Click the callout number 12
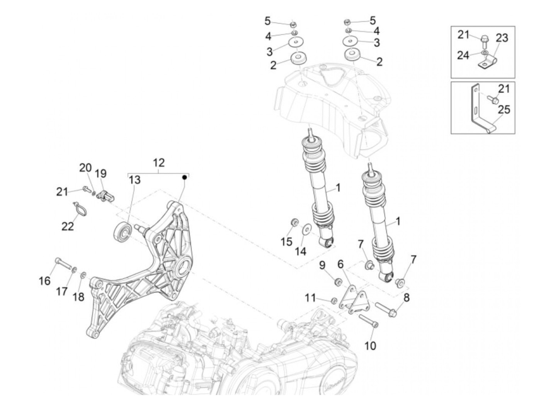click(x=158, y=162)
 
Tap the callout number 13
click(x=135, y=180)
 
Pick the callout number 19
click(x=101, y=173)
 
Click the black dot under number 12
click(x=185, y=177)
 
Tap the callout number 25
click(x=504, y=109)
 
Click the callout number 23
click(x=502, y=38)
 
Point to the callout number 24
click(x=463, y=55)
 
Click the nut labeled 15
click(x=294, y=222)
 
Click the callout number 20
click(x=85, y=168)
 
